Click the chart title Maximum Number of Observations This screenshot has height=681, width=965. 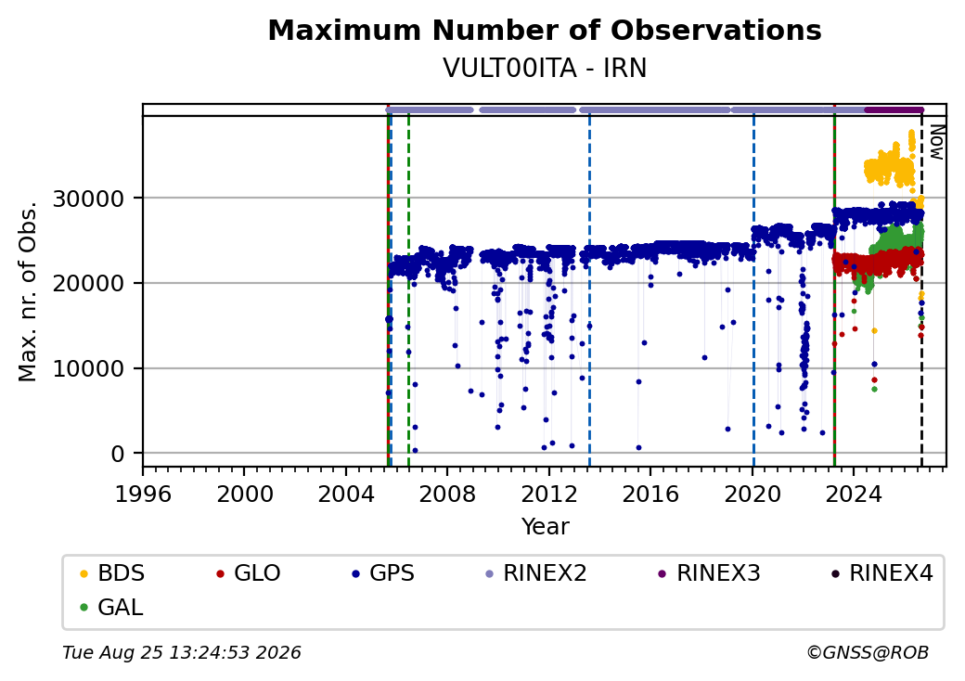tap(545, 30)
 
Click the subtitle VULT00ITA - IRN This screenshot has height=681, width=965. tap(545, 68)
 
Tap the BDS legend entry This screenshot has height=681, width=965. tap(112, 573)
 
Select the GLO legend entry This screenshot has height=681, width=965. tap(249, 573)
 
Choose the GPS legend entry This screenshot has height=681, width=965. tap(383, 573)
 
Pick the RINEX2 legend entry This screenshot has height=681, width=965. tap(536, 573)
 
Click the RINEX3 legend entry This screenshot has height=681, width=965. tap(710, 573)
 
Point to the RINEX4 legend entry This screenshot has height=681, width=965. tap(882, 573)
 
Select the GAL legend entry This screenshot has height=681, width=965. tap(112, 607)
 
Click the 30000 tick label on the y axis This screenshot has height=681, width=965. tap(89, 199)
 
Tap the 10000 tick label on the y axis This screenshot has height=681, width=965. tap(89, 369)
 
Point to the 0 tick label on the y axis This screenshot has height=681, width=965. tap(118, 454)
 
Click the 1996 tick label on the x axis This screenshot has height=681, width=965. tap(143, 494)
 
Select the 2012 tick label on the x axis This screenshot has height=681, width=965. tap(549, 494)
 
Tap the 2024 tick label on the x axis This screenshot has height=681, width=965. tap(854, 494)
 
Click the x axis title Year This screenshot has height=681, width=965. tap(546, 527)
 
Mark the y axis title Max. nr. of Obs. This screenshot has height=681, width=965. tap(28, 291)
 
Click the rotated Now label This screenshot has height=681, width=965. tap(936, 142)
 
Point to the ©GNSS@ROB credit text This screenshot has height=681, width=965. tap(868, 652)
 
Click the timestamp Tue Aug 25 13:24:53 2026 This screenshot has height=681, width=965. tap(182, 652)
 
